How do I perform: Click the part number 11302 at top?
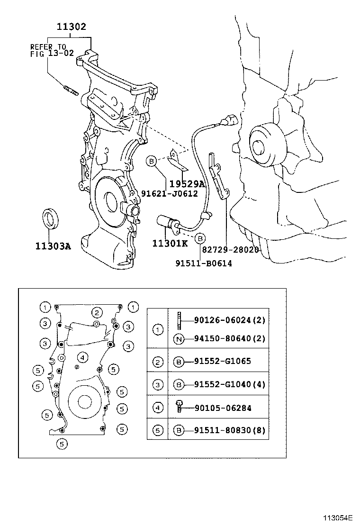(72, 27)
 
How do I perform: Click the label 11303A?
(53, 246)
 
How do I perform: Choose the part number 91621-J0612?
(169, 193)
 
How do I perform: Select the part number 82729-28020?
(231, 250)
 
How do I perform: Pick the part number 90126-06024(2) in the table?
(229, 320)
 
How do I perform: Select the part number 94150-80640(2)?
(229, 338)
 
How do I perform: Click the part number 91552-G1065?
(222, 361)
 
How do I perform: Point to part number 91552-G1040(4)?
(229, 384)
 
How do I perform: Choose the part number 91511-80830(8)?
(229, 430)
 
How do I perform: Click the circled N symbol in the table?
(179, 338)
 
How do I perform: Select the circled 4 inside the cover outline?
(82, 357)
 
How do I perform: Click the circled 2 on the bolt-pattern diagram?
(97, 312)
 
